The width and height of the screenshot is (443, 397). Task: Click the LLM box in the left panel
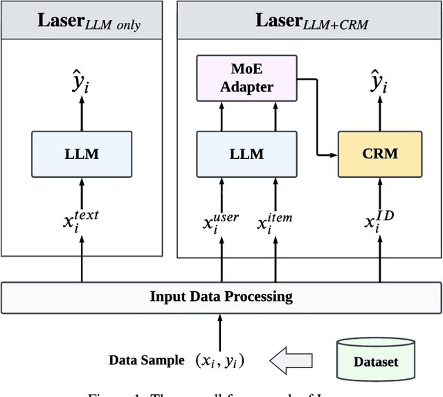(82, 153)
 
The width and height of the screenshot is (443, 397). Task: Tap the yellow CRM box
(379, 153)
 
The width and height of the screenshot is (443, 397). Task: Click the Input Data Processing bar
(221, 297)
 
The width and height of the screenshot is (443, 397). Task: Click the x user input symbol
(221, 223)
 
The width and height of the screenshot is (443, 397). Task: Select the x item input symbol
(274, 223)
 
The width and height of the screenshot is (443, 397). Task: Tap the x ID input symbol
(379, 223)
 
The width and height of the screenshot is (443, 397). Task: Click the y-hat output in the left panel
(82, 85)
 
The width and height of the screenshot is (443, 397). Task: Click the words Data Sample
(146, 360)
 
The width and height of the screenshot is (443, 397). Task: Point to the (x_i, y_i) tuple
(219, 360)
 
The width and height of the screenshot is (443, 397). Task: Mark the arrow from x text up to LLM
(82, 191)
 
